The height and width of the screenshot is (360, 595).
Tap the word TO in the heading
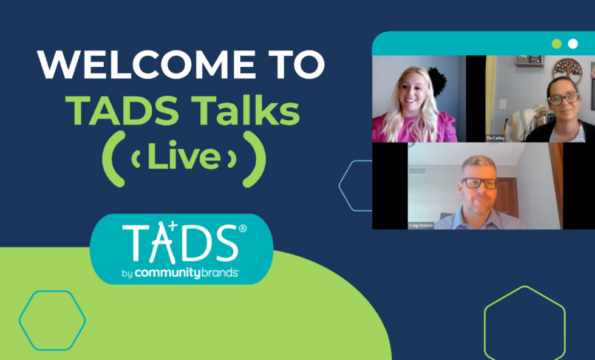[x=293, y=65]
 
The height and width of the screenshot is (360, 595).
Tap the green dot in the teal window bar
[x=557, y=44]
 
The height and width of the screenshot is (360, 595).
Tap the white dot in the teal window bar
[x=573, y=44]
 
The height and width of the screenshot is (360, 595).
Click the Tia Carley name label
[x=495, y=138]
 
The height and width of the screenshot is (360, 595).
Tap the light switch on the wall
[x=503, y=104]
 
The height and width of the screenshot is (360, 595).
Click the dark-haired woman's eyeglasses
[x=562, y=98]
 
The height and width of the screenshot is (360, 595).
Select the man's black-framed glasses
[x=480, y=182]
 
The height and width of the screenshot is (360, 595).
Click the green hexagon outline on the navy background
[x=525, y=321]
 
